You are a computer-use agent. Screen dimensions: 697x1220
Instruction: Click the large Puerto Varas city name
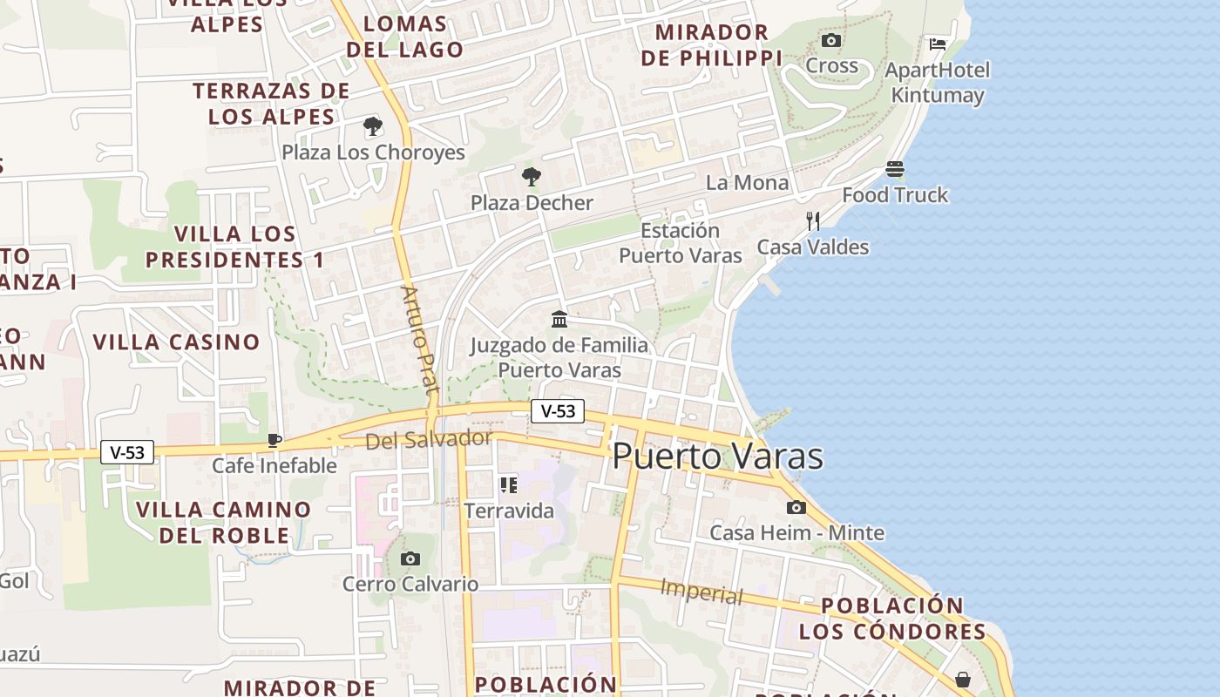[717, 457]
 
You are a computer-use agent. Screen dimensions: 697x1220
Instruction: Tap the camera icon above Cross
[831, 41]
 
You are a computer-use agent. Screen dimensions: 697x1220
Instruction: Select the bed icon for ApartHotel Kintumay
[938, 44]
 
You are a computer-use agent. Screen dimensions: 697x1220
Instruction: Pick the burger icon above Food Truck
[895, 169]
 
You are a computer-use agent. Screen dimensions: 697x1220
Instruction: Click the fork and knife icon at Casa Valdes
[813, 221]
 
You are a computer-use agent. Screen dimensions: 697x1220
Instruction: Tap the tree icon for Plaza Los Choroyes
[373, 126]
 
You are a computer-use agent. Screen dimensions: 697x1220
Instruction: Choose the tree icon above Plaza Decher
[531, 177]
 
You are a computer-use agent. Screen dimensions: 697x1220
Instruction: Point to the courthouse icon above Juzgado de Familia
[559, 319]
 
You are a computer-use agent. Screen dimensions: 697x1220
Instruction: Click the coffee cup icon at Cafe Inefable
[274, 440]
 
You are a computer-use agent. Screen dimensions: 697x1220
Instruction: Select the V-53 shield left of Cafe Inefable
[127, 452]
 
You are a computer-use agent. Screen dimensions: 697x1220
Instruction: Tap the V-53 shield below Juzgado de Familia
[558, 411]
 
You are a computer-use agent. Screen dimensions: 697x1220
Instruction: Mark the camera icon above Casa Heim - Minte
[796, 507]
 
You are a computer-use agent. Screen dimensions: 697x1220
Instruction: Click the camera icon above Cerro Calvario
[410, 558]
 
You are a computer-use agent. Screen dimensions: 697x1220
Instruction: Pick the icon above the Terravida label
[508, 485]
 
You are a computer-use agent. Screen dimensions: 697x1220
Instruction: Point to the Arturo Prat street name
[419, 339]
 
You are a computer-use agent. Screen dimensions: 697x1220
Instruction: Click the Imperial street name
[701, 592]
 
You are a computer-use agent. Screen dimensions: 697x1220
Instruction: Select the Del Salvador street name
[429, 439]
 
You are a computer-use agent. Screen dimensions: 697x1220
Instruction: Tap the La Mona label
[747, 183]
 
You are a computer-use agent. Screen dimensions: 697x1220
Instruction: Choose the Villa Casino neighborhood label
[176, 342]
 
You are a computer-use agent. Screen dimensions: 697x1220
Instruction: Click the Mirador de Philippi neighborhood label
[711, 45]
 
